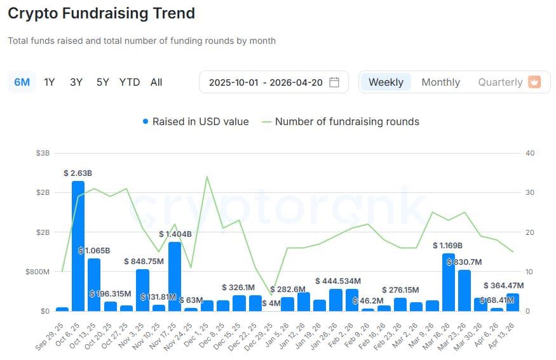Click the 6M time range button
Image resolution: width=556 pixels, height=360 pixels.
[22, 82]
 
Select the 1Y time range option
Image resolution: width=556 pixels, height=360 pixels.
[49, 82]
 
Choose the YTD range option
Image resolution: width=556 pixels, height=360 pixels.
[130, 82]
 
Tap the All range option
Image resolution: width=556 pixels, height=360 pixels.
[156, 82]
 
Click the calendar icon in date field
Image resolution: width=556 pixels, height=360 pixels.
[334, 82]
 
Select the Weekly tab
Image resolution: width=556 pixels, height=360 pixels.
[386, 82]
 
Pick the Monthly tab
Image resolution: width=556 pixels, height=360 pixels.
[440, 82]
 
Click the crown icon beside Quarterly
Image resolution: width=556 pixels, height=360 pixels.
[534, 82]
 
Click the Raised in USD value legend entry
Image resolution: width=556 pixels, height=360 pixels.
[196, 121]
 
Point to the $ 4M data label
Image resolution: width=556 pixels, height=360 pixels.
[271, 303]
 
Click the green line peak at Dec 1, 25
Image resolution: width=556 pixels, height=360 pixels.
[207, 177]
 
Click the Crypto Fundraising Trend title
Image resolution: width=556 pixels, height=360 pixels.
[101, 13]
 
